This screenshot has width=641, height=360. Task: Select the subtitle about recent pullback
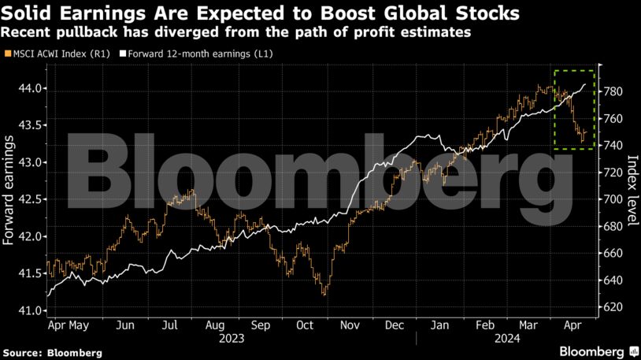tap(236, 32)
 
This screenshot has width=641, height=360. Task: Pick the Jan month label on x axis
tap(440, 325)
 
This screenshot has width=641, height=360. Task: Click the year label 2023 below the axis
tap(232, 338)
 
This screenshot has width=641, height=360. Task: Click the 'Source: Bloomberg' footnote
tap(52, 352)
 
